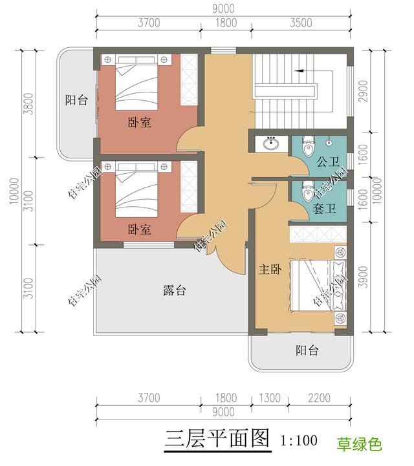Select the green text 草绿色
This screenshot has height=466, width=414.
pos(359,444)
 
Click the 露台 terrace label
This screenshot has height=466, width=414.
pos(174,291)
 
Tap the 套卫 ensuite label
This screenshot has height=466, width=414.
pos(323,209)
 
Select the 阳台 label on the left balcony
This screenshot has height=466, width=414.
pos(76,100)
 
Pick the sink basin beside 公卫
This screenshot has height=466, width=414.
pos(270,143)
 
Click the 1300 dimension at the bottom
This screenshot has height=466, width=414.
pos(274,398)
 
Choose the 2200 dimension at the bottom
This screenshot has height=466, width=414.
pos(318,398)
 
